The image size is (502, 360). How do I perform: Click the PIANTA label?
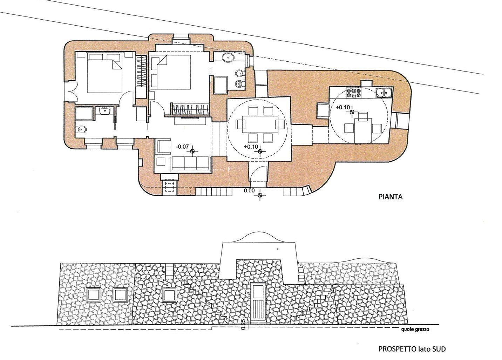[391, 197]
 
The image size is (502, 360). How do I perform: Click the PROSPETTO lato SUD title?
[412, 349]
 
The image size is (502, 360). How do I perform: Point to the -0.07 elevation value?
[182, 147]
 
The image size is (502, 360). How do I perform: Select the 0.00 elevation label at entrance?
[249, 191]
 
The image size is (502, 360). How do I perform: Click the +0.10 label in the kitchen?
[342, 107]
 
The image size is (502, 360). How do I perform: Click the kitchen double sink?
[384, 93]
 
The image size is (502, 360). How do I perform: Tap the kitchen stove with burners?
[354, 93]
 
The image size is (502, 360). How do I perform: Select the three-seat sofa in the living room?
[190, 164]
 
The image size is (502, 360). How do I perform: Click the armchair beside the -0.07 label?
[164, 146]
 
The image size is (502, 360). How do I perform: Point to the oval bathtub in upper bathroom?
[228, 58]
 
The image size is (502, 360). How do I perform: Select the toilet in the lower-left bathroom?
[81, 130]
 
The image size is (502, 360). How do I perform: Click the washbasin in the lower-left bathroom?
[105, 110]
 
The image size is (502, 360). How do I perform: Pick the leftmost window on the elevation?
[93, 295]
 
